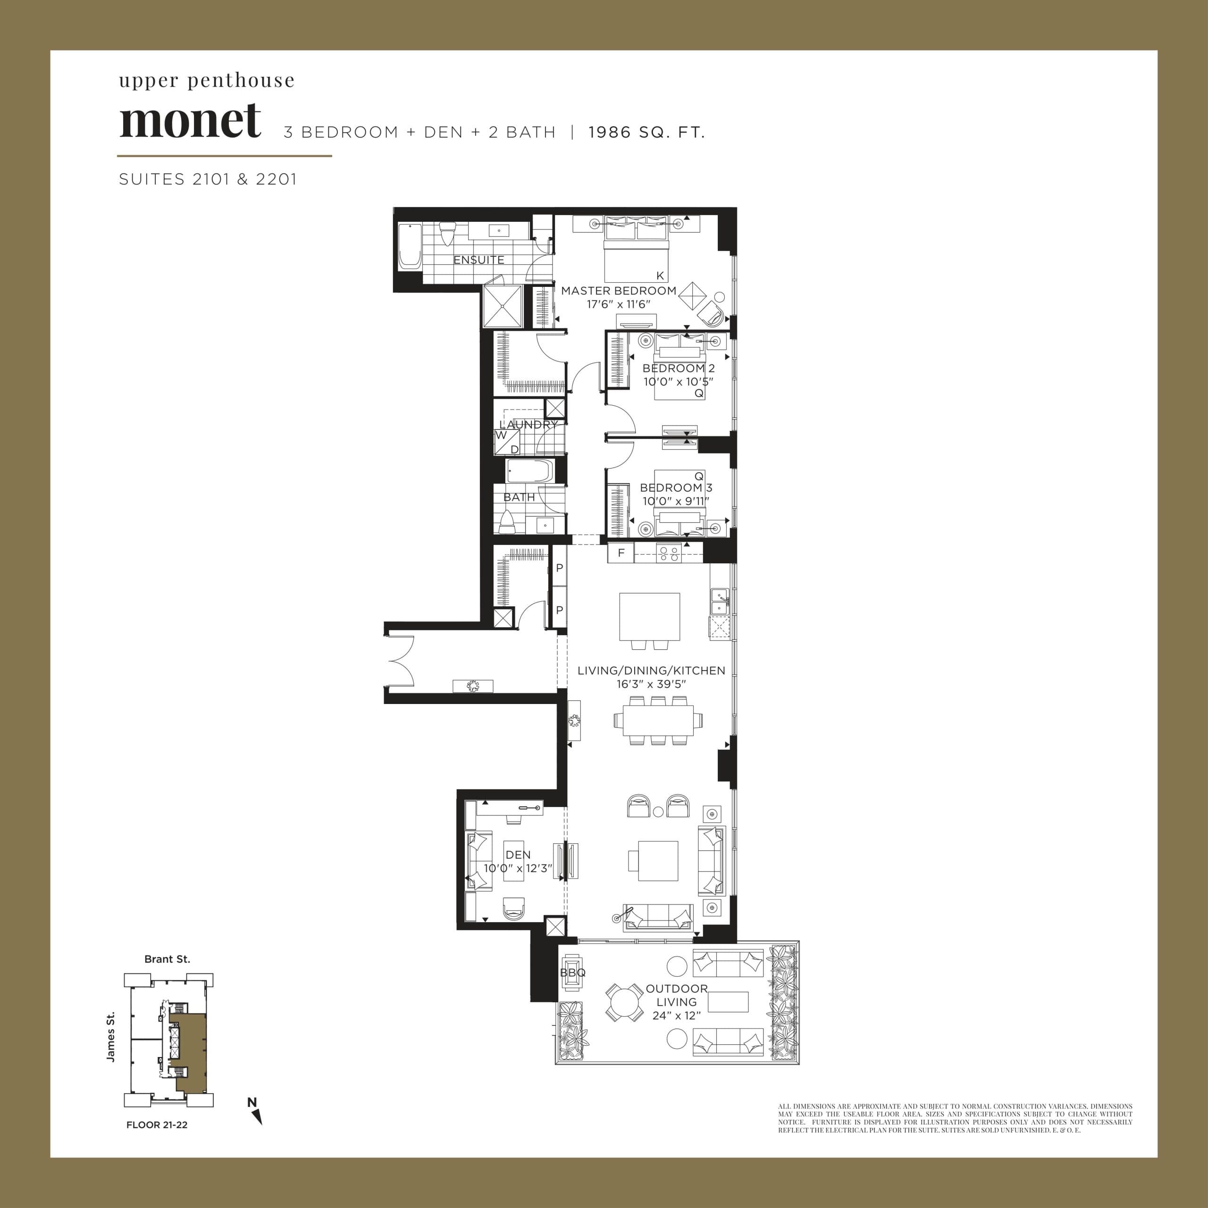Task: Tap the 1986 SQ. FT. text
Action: pos(646,133)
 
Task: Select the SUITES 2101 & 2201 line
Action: pos(208,179)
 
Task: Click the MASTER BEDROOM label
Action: pos(618,291)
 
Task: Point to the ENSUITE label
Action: pos(478,260)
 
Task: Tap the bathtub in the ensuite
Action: pos(410,246)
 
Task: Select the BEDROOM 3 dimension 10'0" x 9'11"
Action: pos(676,501)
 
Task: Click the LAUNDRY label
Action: pos(528,425)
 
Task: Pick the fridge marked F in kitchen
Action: pos(621,553)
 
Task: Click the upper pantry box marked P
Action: pos(560,568)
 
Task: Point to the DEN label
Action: pos(518,855)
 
